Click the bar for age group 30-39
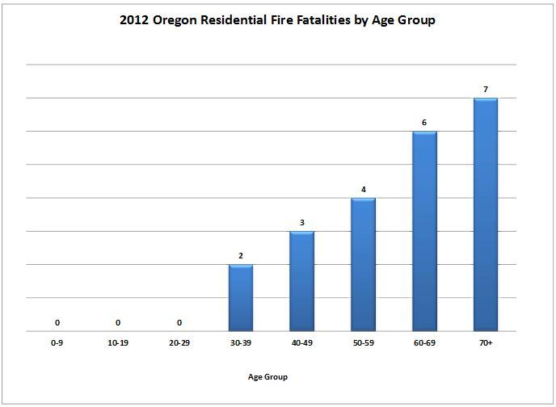pyautogui.click(x=241, y=297)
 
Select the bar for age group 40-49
pyautogui.click(x=301, y=281)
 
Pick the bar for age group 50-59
pyautogui.click(x=363, y=264)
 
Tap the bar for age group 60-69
pyautogui.click(x=424, y=231)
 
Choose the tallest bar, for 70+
pyautogui.click(x=486, y=214)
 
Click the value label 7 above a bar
pyautogui.click(x=486, y=90)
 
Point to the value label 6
pyautogui.click(x=424, y=123)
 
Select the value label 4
pyautogui.click(x=364, y=190)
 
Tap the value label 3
pyautogui.click(x=302, y=222)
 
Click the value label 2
pyautogui.click(x=241, y=256)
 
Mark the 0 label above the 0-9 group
pyautogui.click(x=57, y=323)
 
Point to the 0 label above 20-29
pyautogui.click(x=179, y=323)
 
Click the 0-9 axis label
pyautogui.click(x=57, y=343)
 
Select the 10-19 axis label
pyautogui.click(x=118, y=343)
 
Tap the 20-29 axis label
pyautogui.click(x=179, y=343)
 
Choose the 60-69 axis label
pyautogui.click(x=424, y=343)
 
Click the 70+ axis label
pyautogui.click(x=486, y=343)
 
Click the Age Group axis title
pyautogui.click(x=267, y=377)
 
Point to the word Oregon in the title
pyautogui.click(x=175, y=20)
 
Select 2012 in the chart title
pyautogui.click(x=133, y=20)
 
